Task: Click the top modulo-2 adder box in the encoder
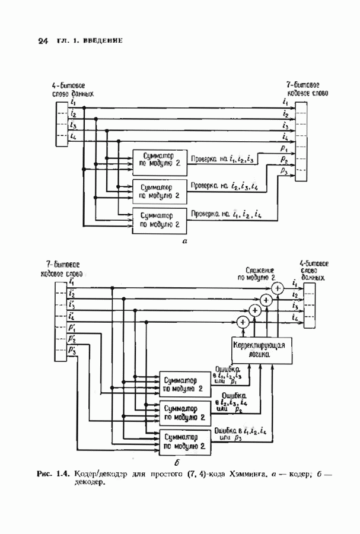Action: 160,159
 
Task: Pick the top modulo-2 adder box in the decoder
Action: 184,385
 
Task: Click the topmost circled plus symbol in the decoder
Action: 277,288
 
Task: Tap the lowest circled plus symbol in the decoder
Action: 242,323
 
